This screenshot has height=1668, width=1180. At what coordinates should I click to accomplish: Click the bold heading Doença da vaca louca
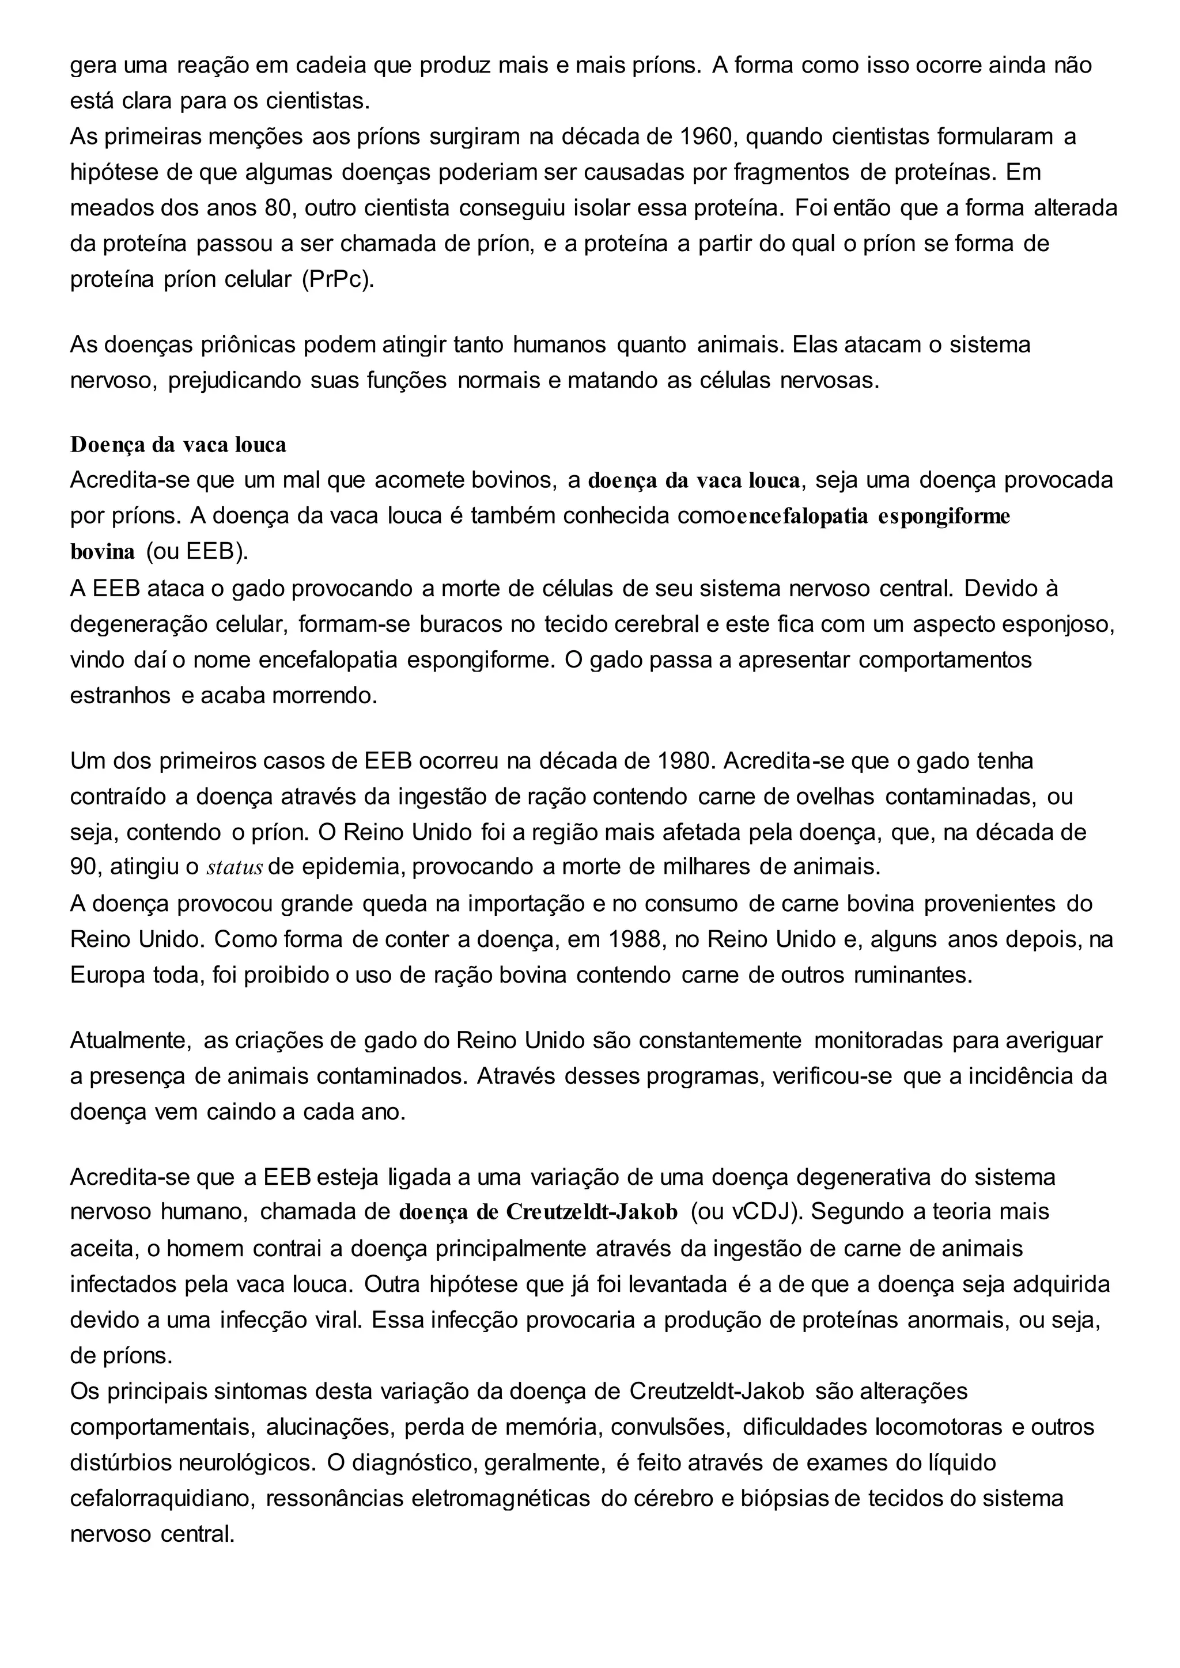click(x=178, y=445)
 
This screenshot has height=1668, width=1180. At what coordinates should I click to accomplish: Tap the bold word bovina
click(x=103, y=552)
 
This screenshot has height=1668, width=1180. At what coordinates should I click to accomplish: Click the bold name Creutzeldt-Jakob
click(x=592, y=1212)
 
